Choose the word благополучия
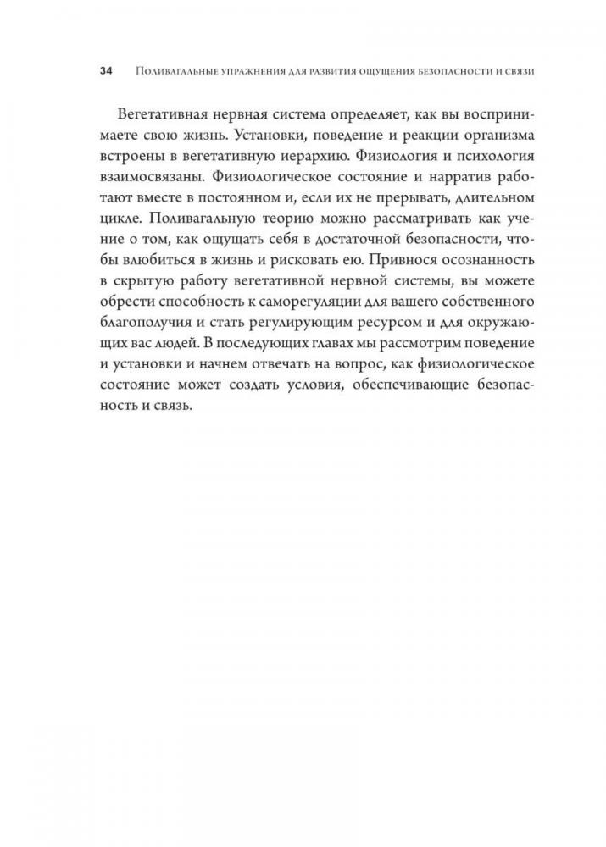144,355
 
